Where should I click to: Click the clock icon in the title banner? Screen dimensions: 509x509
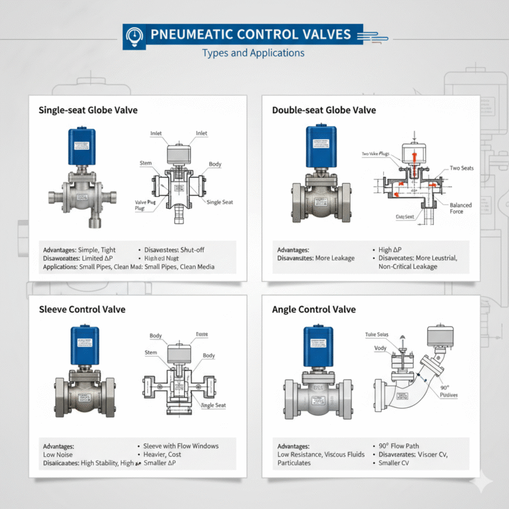click(135, 34)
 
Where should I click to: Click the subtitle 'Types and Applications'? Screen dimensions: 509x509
click(253, 53)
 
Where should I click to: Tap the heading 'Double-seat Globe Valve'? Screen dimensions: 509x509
click(324, 110)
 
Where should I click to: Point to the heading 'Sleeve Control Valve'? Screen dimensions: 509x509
click(82, 310)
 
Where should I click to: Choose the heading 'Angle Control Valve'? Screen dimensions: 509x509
click(314, 310)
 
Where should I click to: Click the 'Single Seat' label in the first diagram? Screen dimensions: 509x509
click(219, 202)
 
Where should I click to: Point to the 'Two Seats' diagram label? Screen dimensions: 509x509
click(461, 168)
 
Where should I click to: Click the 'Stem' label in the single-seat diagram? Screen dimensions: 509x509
click(146, 163)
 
